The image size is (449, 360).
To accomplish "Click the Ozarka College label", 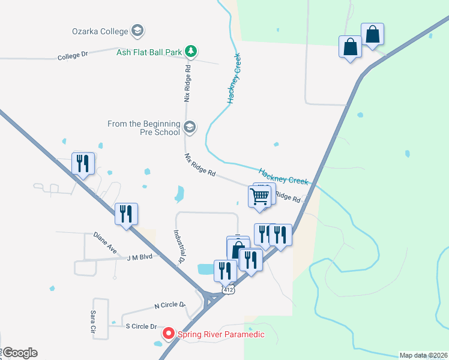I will pos(100,31).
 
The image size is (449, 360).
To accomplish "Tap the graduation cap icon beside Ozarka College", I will pos(137,31).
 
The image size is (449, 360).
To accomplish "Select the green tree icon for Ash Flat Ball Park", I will pos(191,52).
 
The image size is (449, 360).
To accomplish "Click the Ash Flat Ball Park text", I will pos(149,52).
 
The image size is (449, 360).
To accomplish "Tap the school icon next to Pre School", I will pos(190,127).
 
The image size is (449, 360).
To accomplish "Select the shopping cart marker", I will pos(259,196).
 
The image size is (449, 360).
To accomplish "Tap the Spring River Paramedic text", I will pos(220,334).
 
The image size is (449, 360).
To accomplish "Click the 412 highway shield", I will pos(228,290).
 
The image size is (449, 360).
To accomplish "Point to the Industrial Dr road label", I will pos(179,247).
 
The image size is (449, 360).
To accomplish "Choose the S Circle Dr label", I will pos(141,326).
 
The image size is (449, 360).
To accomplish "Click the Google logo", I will pos(19,353).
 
